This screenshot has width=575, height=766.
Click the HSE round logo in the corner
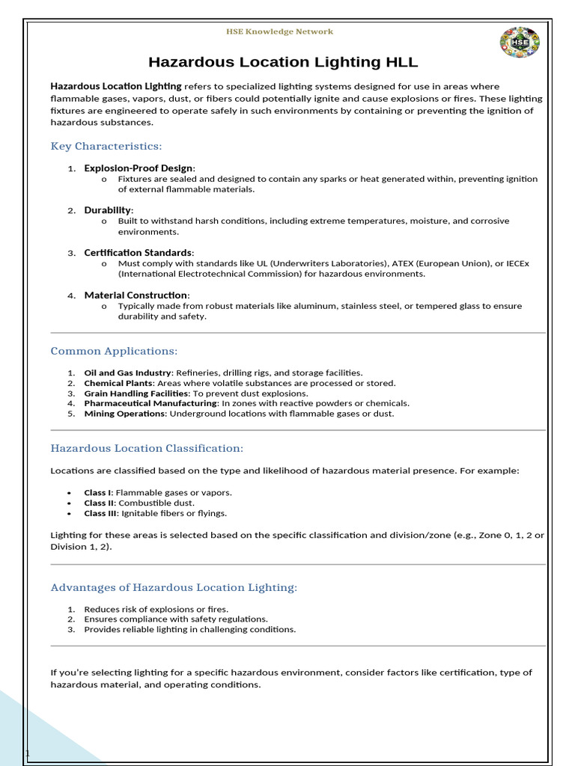coord(519,43)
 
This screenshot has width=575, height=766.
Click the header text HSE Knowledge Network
coord(279,31)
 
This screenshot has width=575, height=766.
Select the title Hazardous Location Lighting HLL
coord(283,62)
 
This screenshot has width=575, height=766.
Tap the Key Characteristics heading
coord(106,146)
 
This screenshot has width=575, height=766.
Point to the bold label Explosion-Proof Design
coord(139,168)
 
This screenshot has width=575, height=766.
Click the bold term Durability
coord(108,210)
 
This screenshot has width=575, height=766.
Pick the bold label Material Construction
coord(136,295)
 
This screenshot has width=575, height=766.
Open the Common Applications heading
coord(114,351)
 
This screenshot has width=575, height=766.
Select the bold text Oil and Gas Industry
coord(127,373)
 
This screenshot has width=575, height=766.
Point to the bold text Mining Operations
coord(125,414)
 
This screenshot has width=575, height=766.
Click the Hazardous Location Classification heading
coord(147,448)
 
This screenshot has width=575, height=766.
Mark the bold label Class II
coord(99,503)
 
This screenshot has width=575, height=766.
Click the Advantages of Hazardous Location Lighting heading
coord(174,587)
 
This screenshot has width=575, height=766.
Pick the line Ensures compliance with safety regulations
coord(175,619)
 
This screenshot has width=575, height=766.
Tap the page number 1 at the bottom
coord(28,753)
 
